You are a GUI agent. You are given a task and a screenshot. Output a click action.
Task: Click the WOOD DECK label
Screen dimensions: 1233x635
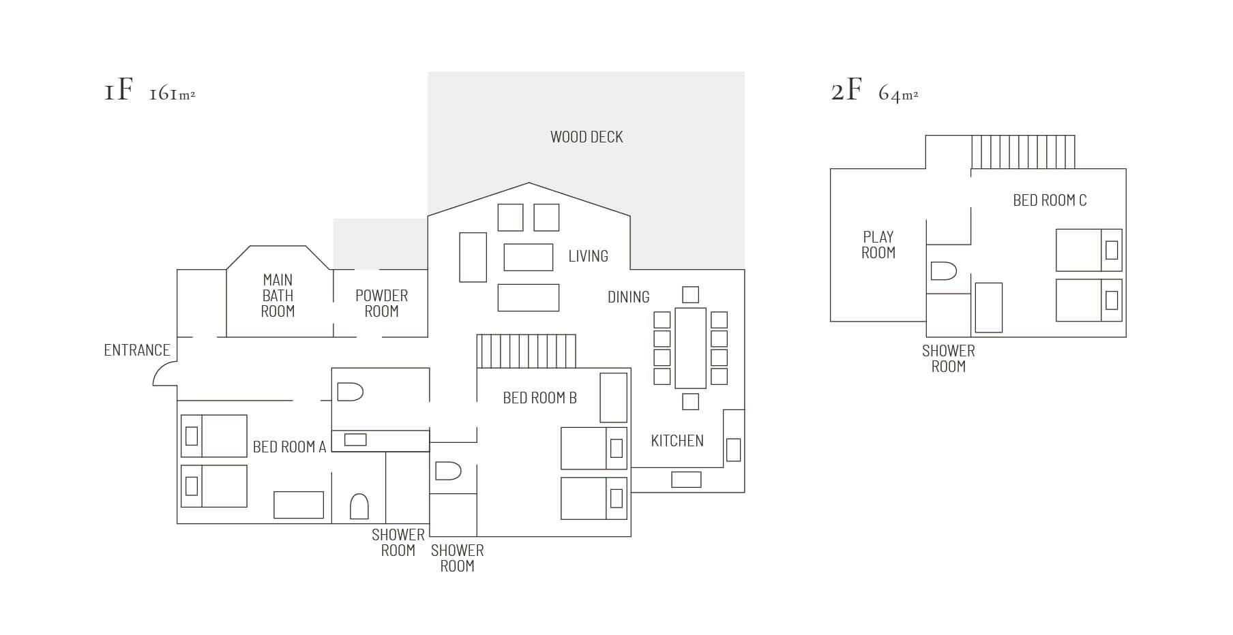tap(586, 137)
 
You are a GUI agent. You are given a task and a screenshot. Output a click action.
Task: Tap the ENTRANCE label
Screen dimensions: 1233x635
tap(137, 350)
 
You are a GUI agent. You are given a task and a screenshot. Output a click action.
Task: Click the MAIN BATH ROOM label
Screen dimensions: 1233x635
tap(278, 296)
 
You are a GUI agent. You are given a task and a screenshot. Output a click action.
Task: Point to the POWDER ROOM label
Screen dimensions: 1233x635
tap(381, 303)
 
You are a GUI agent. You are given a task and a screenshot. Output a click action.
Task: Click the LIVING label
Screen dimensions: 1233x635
tap(588, 256)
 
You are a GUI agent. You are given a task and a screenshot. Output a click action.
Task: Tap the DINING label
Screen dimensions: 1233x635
tap(628, 297)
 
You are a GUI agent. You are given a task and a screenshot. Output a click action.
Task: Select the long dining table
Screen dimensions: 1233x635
tap(690, 348)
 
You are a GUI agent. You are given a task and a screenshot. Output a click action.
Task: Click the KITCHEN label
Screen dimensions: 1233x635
tap(677, 441)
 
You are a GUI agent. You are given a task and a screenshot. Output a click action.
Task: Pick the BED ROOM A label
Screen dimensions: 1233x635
tap(289, 447)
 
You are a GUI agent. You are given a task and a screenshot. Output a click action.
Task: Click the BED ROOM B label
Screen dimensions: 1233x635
tap(539, 398)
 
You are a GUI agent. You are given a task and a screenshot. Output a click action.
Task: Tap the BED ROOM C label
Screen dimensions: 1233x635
tap(1050, 200)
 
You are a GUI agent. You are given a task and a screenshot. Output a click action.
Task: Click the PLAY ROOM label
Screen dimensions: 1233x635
tap(878, 245)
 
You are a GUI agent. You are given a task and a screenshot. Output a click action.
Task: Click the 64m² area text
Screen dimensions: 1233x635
tap(898, 93)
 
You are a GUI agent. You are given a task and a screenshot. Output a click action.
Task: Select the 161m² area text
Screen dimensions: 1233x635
tap(172, 93)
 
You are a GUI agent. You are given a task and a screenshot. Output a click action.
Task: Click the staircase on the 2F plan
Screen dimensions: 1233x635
tap(1023, 152)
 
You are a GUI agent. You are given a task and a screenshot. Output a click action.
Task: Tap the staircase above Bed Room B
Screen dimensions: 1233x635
tap(526, 352)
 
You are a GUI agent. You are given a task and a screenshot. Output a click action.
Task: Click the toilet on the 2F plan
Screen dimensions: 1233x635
tap(944, 270)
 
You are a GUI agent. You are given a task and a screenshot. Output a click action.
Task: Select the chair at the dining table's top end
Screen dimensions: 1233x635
tap(690, 294)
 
